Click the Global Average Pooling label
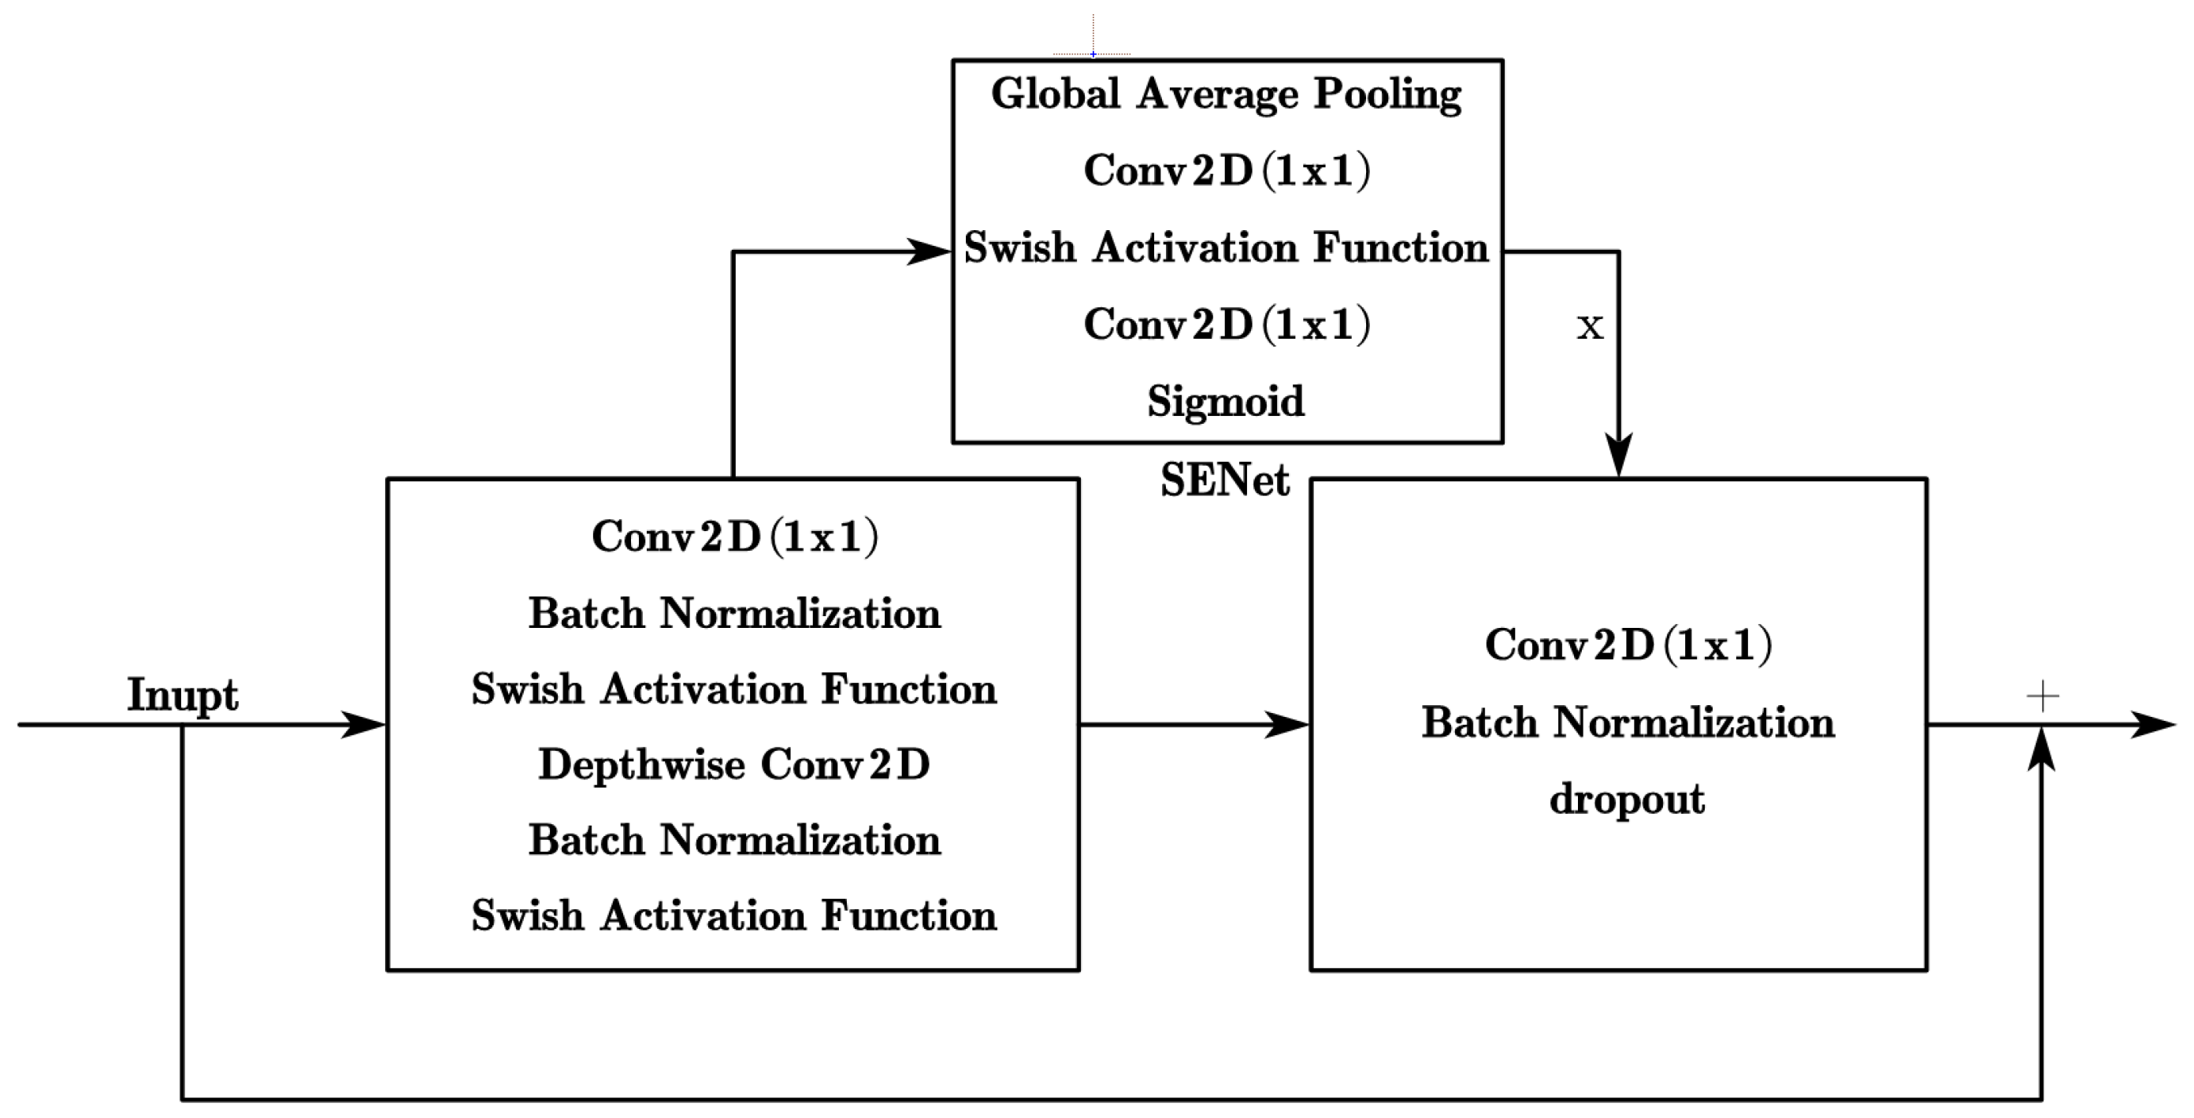[x=1226, y=94]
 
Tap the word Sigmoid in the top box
[x=1226, y=401]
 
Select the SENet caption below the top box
[x=1225, y=481]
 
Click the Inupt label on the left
[x=182, y=695]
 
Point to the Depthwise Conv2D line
[x=733, y=763]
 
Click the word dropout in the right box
[x=1627, y=799]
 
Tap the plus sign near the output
[x=2043, y=696]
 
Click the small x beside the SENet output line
[x=1589, y=326]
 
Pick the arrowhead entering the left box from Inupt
[x=365, y=725]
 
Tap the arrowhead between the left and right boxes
[x=1287, y=725]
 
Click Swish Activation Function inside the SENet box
[x=1226, y=247]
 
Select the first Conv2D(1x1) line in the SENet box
[x=1226, y=170]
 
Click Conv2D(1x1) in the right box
[x=1628, y=644]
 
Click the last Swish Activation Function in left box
[x=733, y=916]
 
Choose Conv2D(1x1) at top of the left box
[x=733, y=537]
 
